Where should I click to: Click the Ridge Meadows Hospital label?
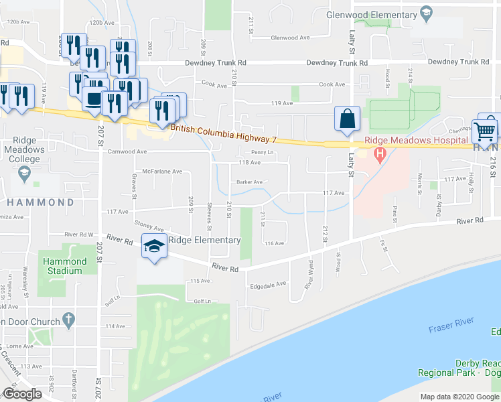tap(416, 140)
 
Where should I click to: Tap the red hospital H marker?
tap(380, 156)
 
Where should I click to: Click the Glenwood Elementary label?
tap(371, 14)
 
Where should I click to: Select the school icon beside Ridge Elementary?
tap(154, 247)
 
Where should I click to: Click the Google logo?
tap(22, 394)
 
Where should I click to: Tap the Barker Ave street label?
tap(248, 182)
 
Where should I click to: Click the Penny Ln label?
tap(262, 152)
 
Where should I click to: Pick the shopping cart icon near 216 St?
tap(485, 130)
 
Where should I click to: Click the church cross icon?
tap(68, 319)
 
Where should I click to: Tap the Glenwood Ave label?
tap(289, 38)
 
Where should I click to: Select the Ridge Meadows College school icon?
tap(24, 174)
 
